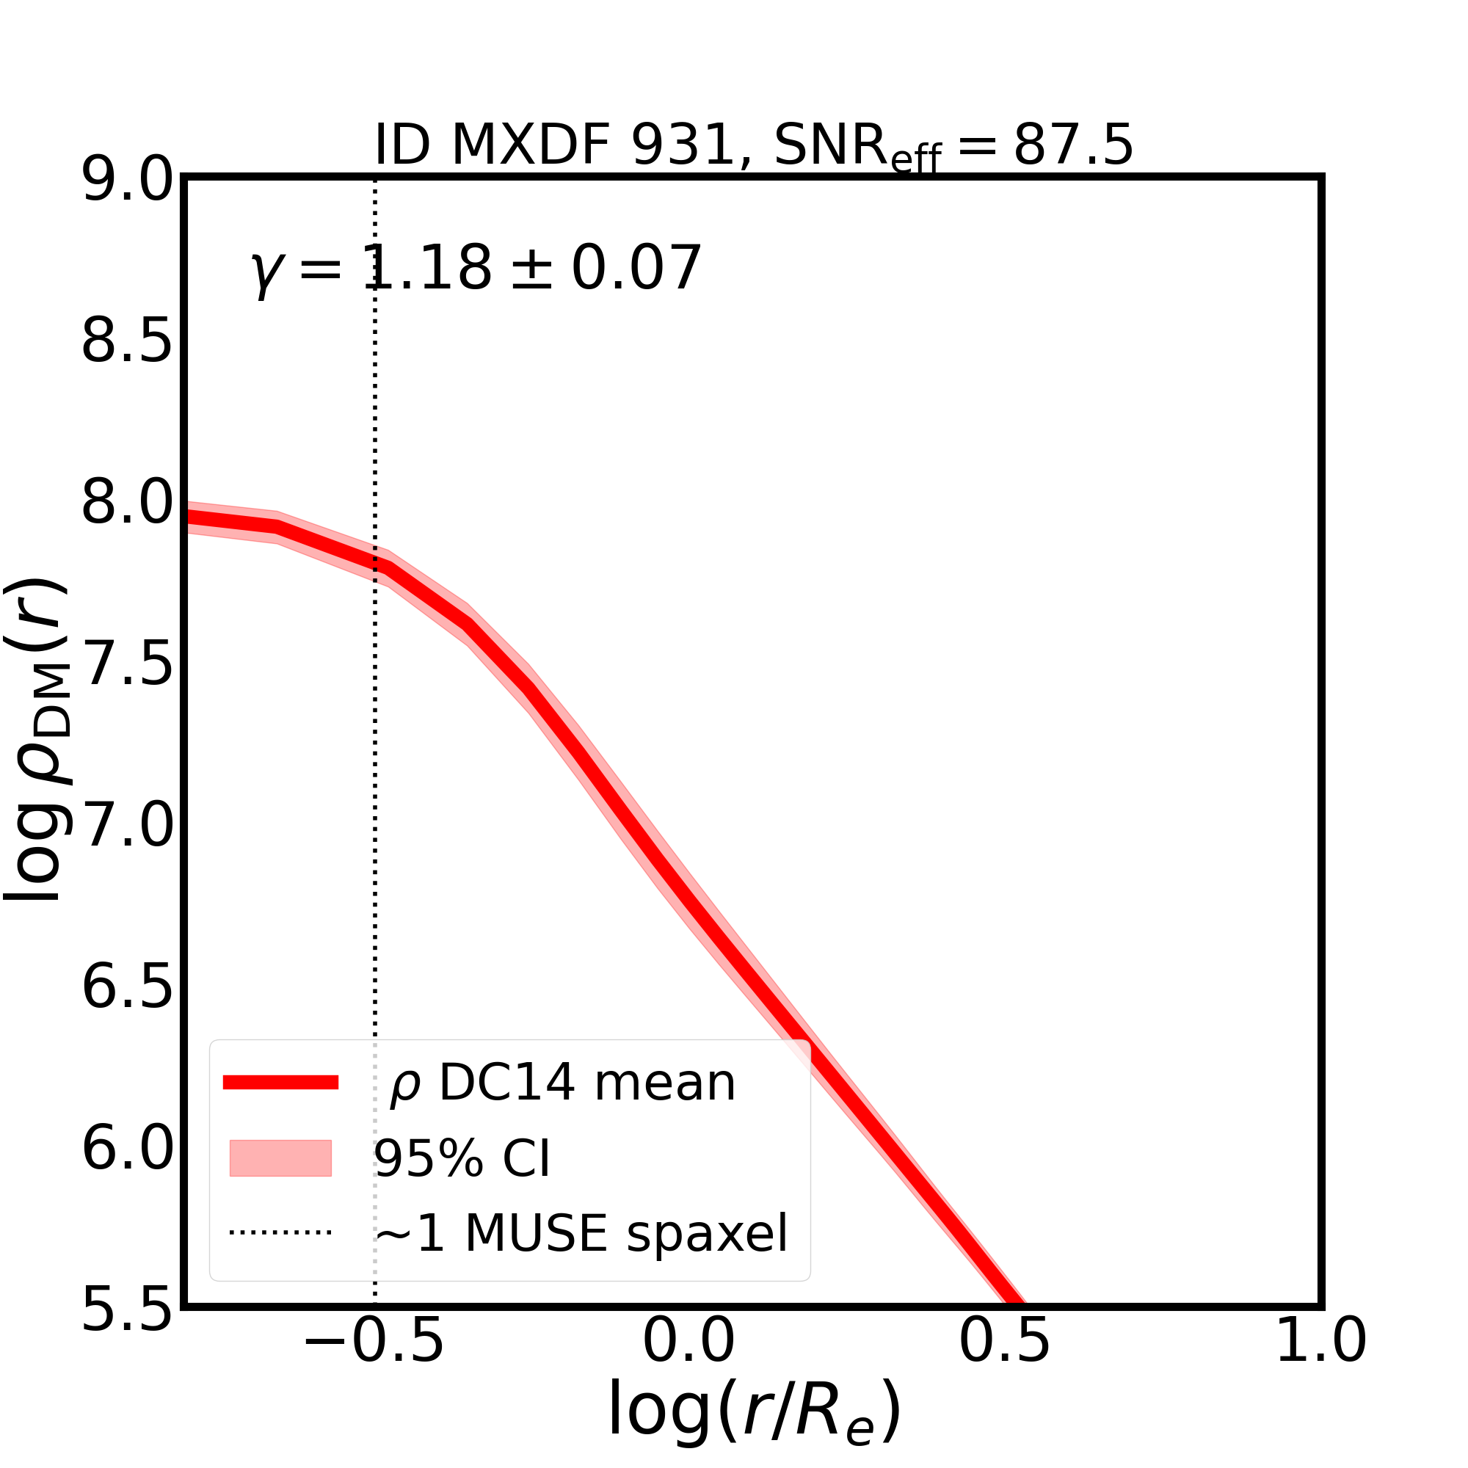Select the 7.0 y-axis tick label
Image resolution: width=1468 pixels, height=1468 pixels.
[x=127, y=826]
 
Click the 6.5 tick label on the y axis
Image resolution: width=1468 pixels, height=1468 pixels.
[x=127, y=987]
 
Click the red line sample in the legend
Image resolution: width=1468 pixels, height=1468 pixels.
[x=280, y=1083]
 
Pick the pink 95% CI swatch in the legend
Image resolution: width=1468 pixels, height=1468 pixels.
[x=280, y=1158]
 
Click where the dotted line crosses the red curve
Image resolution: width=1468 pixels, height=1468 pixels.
[x=375, y=563]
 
